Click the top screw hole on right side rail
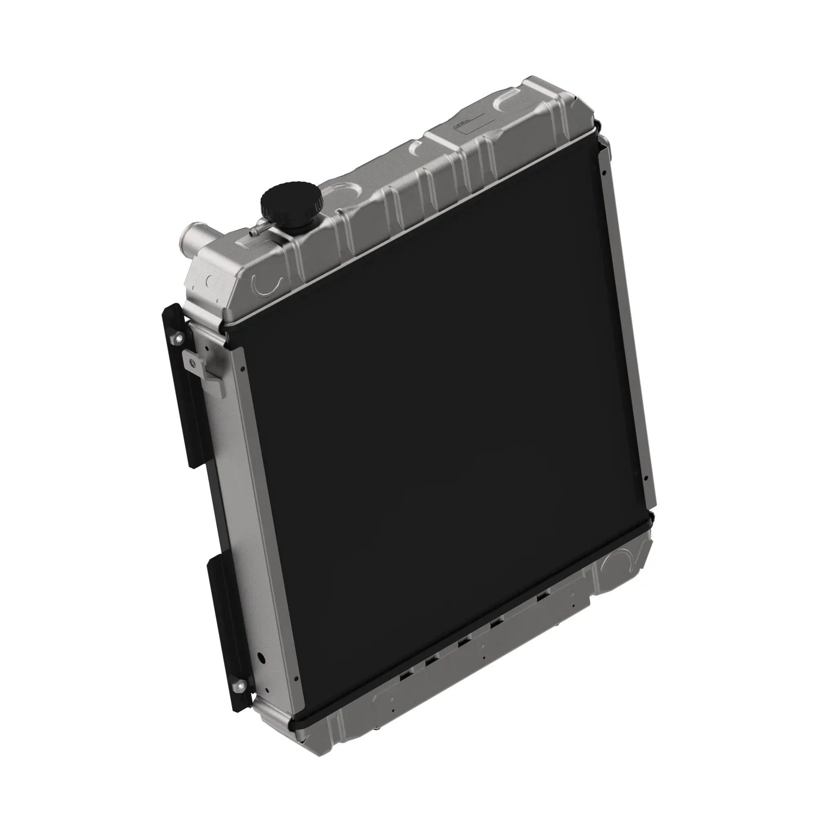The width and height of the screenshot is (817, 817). (x=606, y=172)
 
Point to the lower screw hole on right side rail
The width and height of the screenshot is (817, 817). (x=645, y=479)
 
